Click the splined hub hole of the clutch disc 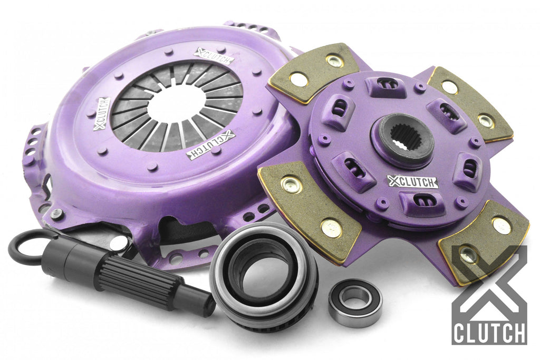coord(402,139)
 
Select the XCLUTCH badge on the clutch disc coord(412,181)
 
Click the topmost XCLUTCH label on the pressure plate coord(214,56)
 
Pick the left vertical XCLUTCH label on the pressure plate coord(102,113)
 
